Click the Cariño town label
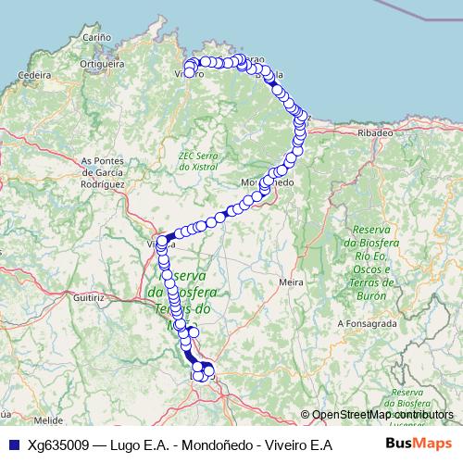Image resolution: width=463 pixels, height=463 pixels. pyautogui.click(x=97, y=37)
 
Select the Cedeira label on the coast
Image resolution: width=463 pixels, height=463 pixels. pyautogui.click(x=33, y=74)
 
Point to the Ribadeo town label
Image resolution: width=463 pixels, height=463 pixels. pyautogui.click(x=375, y=133)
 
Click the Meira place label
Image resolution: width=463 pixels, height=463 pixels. pyautogui.click(x=292, y=281)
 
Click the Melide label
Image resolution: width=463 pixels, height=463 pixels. pyautogui.click(x=48, y=419)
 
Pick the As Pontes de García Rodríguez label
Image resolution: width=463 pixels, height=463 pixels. pyautogui.click(x=102, y=172)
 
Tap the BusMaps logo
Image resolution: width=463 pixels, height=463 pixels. pyautogui.click(x=419, y=444)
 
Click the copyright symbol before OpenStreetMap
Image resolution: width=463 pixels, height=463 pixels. pyautogui.click(x=306, y=414)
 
